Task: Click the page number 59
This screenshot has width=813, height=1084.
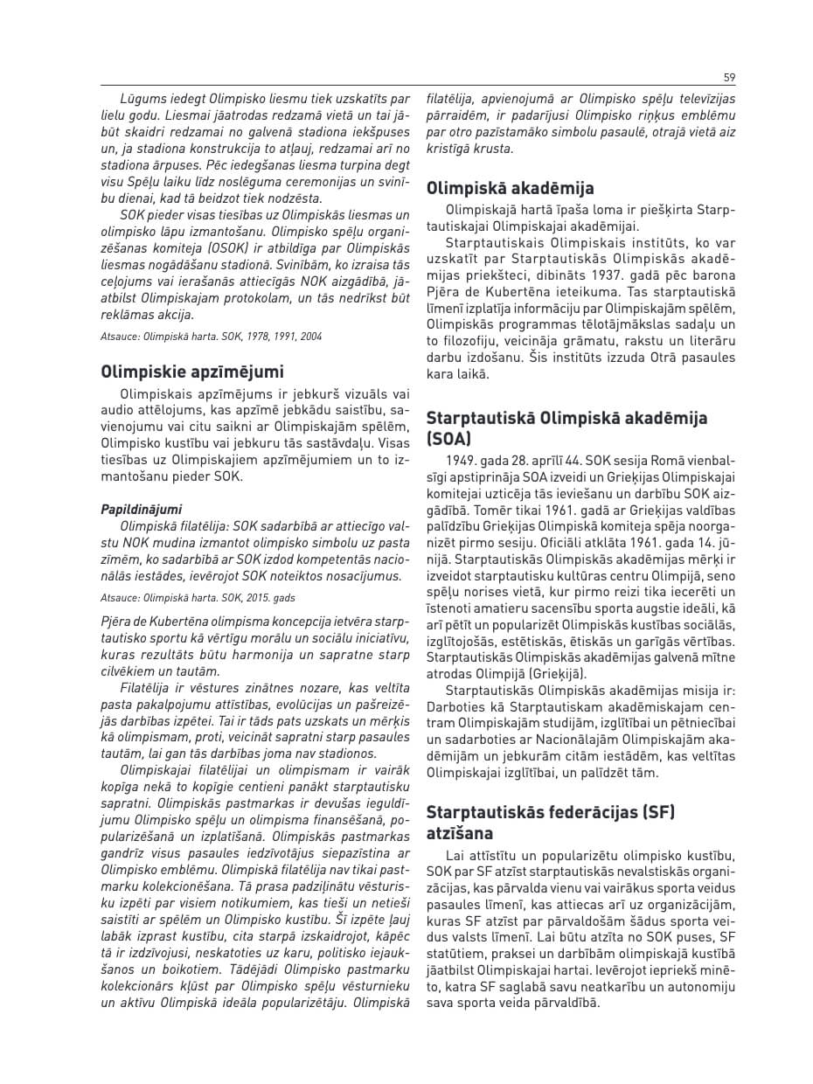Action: point(730,77)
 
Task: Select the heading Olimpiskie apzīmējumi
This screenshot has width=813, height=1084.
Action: point(192,372)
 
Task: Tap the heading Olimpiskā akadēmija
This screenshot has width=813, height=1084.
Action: point(510,188)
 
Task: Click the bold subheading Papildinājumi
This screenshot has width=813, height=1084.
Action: point(142,509)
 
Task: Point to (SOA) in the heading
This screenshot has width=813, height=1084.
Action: point(448,438)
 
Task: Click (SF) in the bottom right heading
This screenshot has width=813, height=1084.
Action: point(657,812)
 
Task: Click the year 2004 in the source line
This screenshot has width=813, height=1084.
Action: point(309,337)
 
